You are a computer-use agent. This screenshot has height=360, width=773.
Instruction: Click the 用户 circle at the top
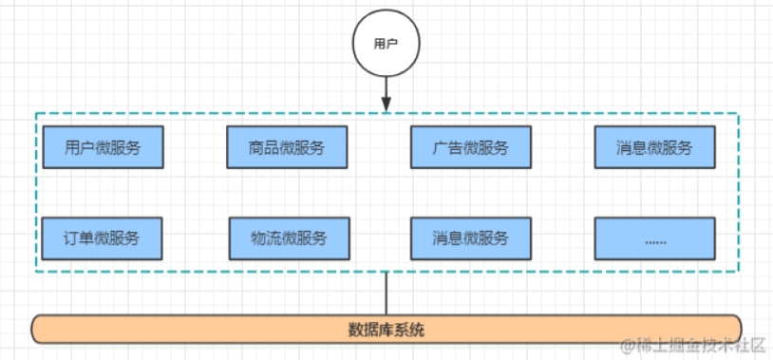point(386,44)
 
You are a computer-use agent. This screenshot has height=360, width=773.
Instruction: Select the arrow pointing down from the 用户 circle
point(386,93)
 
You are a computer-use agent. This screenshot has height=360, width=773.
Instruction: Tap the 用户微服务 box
point(103,147)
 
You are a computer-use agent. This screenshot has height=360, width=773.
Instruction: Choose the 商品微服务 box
point(287,147)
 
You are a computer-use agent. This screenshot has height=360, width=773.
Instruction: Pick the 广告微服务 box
point(470,147)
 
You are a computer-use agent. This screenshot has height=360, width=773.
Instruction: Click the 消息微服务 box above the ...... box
point(654,147)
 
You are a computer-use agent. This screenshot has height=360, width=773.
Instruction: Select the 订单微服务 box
point(103,237)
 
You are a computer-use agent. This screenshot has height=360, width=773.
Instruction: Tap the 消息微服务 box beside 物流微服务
point(470,237)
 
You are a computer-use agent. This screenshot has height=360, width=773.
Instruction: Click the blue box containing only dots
point(654,237)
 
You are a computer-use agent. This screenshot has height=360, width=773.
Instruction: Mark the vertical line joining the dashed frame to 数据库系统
point(386,294)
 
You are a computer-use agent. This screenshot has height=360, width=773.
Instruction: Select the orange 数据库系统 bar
point(386,330)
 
